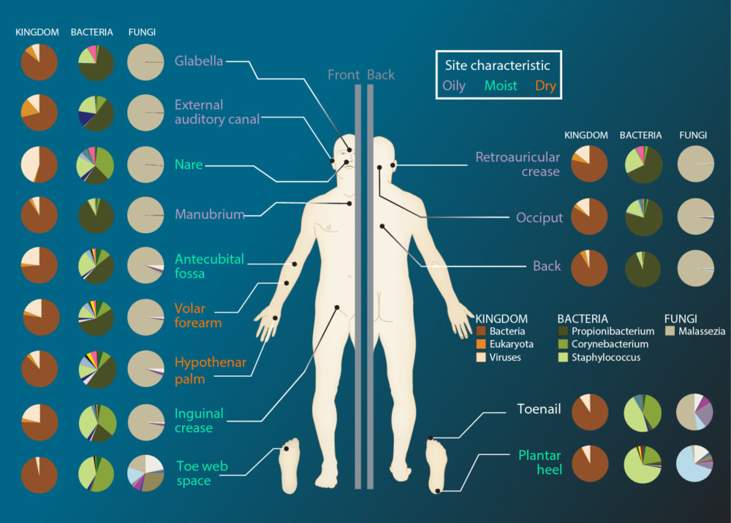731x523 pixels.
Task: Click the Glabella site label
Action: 199,61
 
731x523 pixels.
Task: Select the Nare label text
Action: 189,164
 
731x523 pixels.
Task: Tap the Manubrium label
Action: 210,214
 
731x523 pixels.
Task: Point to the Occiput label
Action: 539,218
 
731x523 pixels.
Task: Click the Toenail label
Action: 539,409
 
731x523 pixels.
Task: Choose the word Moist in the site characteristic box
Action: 501,85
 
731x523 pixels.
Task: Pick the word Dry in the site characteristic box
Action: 545,85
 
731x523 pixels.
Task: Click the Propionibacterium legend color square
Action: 563,331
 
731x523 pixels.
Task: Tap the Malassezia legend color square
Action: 670,331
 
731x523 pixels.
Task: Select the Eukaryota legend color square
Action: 481,344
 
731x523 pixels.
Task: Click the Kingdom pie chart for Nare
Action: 39,165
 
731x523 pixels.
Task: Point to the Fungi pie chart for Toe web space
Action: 145,473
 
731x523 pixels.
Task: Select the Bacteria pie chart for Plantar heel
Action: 643,464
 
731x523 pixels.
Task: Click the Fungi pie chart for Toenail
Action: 694,412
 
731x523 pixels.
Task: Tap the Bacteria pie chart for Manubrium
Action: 96,215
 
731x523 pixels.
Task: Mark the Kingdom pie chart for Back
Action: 589,268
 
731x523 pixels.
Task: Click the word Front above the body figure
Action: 344,75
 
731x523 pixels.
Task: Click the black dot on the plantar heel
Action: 438,491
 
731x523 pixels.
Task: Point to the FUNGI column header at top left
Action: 142,32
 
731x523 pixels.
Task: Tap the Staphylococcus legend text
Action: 605,357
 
